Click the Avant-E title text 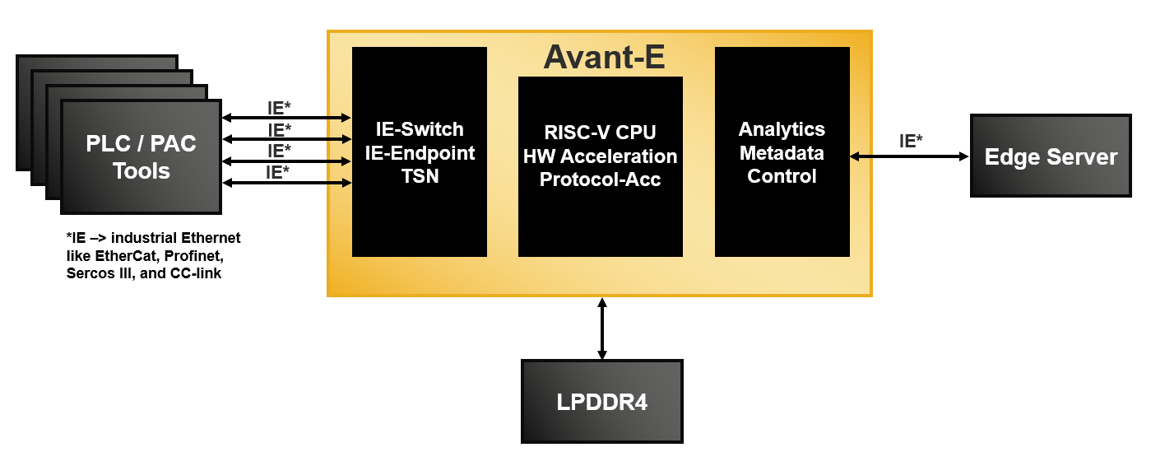click(604, 58)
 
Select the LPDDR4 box click(602, 402)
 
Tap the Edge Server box click(1051, 156)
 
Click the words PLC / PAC click(142, 144)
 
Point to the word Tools click(142, 171)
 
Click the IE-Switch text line click(420, 129)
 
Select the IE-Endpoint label click(420, 152)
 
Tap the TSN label click(420, 175)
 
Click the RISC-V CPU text click(601, 133)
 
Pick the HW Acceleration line click(601, 156)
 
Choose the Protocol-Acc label click(601, 179)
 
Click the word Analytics click(782, 129)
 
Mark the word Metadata click(782, 152)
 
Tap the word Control click(782, 176)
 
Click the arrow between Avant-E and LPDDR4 click(602, 329)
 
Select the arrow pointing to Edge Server click(909, 156)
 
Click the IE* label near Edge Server click(911, 141)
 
